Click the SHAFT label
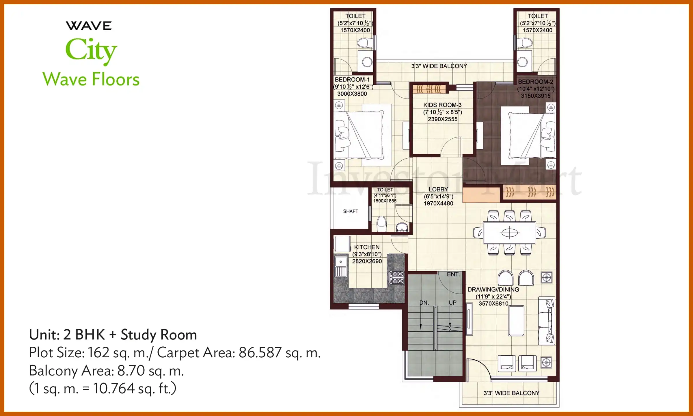pos(351,211)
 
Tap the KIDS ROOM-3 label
pos(442,105)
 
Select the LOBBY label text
pos(438,190)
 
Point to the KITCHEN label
pos(367,247)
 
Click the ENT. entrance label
pos(453,274)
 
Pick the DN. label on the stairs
pos(424,303)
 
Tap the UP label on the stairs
pos(452,303)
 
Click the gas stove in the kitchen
pos(397,277)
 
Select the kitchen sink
pos(341,262)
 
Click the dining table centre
pos(510,233)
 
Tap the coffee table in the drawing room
pos(516,321)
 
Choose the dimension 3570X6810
pos(493,304)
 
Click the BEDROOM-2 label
pos(535,82)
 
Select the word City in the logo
pos(91,50)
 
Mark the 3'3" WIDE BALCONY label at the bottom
pos(511,393)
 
